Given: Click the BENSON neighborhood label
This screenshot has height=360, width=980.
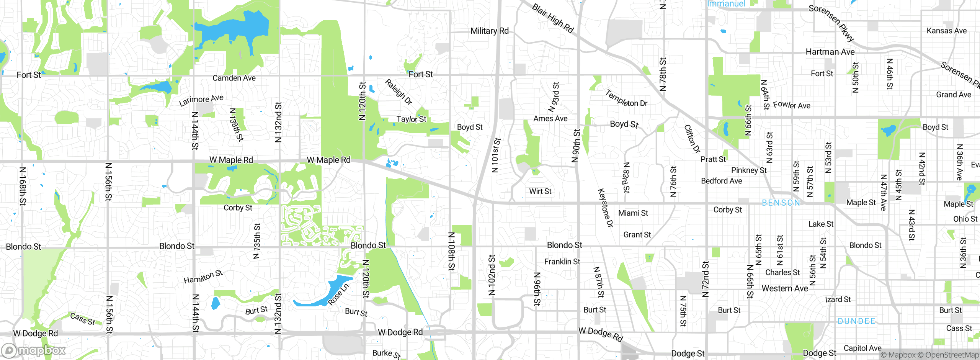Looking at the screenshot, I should pyautogui.click(x=781, y=203).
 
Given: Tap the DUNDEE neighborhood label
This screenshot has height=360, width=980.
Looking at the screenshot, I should pyautogui.click(x=856, y=321).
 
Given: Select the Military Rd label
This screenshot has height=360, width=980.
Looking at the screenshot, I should pyautogui.click(x=489, y=31).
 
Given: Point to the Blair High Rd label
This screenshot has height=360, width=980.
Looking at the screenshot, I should pyautogui.click(x=553, y=18).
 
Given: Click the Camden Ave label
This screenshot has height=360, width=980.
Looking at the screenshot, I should pyautogui.click(x=234, y=78).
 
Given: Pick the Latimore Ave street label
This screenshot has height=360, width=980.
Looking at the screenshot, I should pyautogui.click(x=201, y=100).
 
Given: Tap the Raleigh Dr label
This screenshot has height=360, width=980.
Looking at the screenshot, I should pyautogui.click(x=399, y=92).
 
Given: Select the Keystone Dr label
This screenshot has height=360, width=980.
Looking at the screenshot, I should pyautogui.click(x=605, y=208).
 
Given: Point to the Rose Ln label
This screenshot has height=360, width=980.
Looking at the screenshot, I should pyautogui.click(x=338, y=294).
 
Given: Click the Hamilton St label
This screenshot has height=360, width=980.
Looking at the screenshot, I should pyautogui.click(x=203, y=277).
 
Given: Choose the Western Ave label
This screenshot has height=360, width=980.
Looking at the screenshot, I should pyautogui.click(x=784, y=288).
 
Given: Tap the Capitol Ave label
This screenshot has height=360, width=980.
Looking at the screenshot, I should pyautogui.click(x=862, y=348).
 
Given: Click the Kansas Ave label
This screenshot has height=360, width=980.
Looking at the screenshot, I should pyautogui.click(x=946, y=31).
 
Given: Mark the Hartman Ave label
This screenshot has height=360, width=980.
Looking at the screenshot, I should pyautogui.click(x=830, y=52).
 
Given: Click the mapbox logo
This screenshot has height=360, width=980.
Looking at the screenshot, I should pyautogui.click(x=34, y=350).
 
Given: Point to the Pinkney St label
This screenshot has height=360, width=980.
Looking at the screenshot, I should pyautogui.click(x=749, y=170).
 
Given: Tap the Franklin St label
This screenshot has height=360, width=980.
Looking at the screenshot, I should pyautogui.click(x=562, y=262).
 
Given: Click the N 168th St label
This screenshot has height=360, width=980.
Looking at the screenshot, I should pyautogui.click(x=23, y=186).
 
